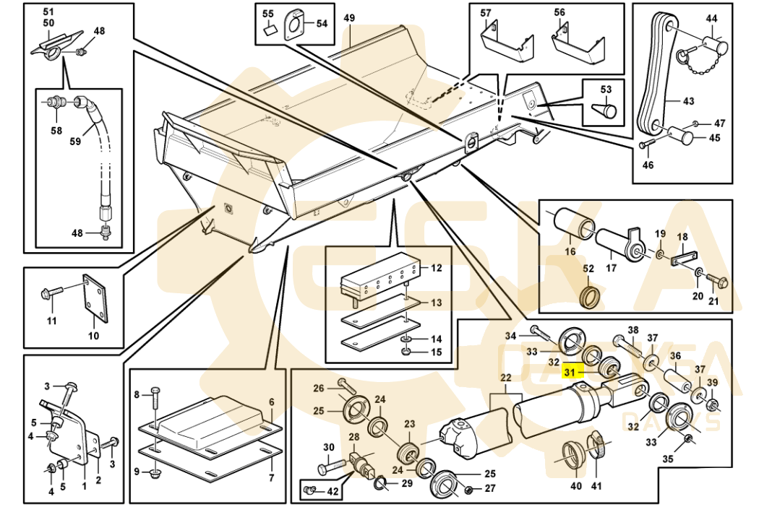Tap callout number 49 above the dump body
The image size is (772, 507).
point(349,17)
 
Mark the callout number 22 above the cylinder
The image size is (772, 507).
point(505,378)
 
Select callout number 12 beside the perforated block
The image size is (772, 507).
point(436,268)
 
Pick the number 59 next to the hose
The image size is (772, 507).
point(75,142)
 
